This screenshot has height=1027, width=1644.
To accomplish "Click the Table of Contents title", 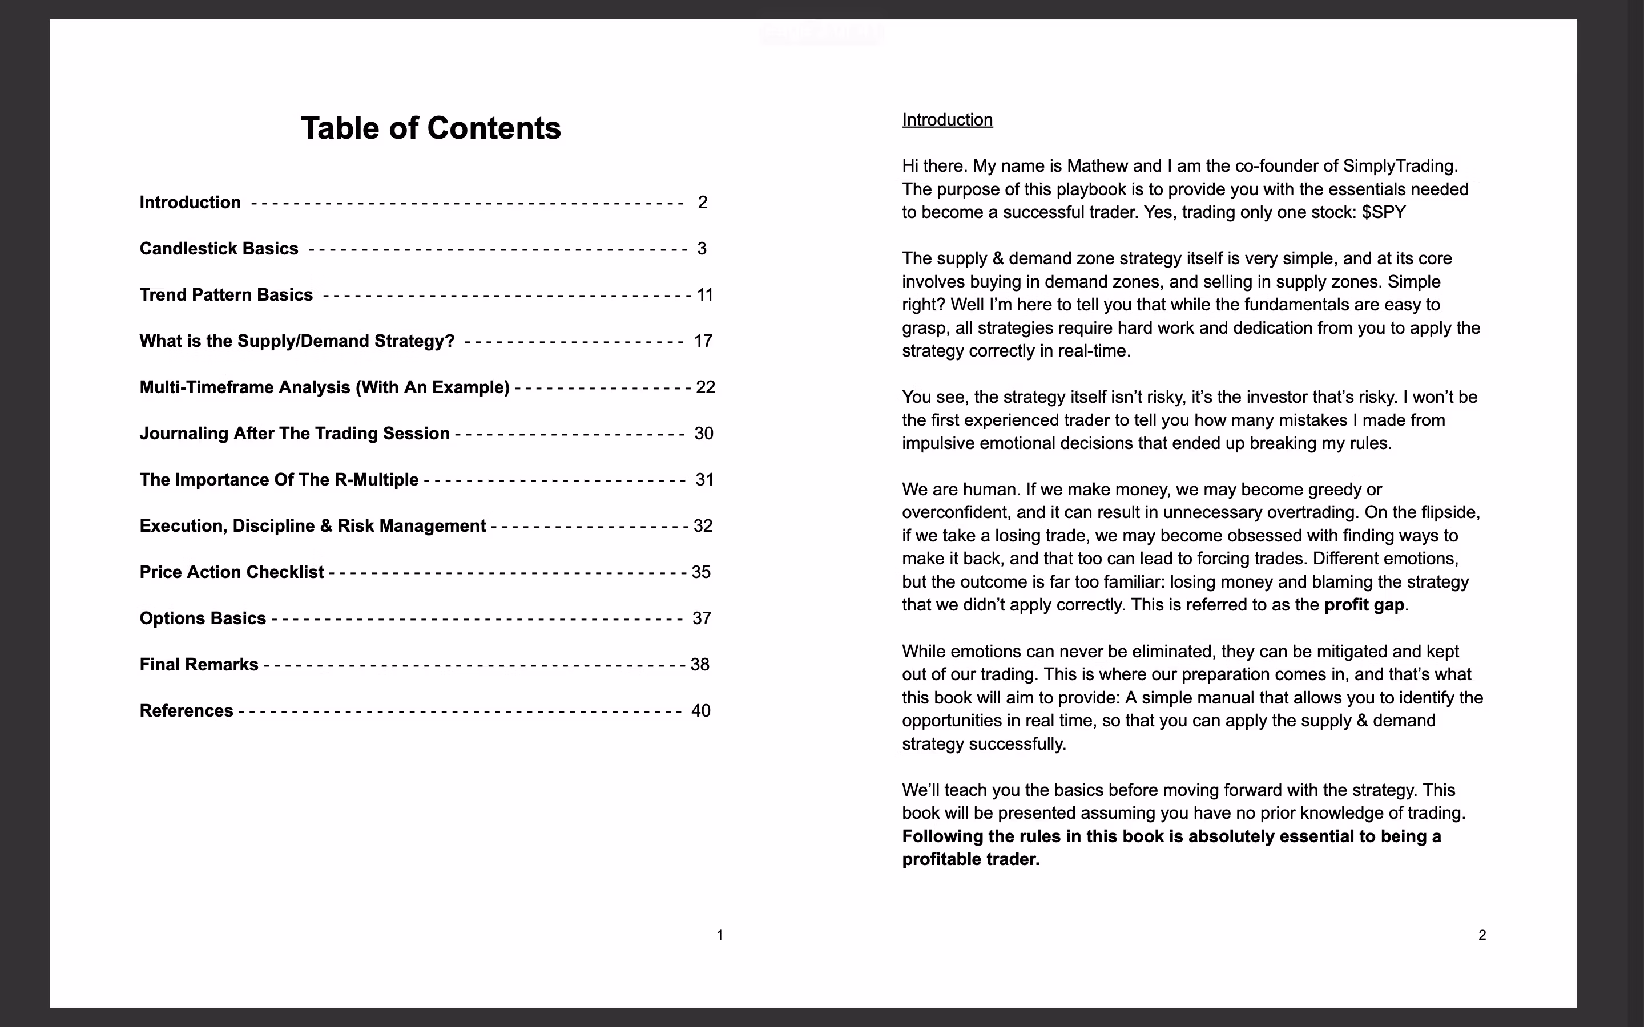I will [431, 128].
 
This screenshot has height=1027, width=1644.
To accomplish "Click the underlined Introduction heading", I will [947, 120].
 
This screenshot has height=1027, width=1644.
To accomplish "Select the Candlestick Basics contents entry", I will [219, 249].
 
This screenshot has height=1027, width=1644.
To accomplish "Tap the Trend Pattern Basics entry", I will [226, 295].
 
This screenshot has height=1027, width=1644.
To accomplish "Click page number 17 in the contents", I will [703, 341].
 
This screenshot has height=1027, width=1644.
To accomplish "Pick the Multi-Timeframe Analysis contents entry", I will [324, 387].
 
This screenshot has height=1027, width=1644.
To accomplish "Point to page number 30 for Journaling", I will [704, 434].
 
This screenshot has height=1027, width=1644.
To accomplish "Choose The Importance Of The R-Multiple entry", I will [279, 479].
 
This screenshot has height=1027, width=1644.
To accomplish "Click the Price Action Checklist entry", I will [232, 572].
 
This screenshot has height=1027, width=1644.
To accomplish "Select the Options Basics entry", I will [203, 618].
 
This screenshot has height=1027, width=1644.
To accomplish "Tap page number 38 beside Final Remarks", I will [700, 664].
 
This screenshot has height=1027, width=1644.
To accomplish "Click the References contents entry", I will [186, 710].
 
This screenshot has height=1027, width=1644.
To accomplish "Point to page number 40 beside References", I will [700, 710].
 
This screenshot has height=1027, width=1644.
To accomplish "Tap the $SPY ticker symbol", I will [1383, 212].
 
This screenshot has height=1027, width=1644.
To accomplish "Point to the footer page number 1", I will [720, 935].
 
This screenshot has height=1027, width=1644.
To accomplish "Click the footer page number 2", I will [1482, 935].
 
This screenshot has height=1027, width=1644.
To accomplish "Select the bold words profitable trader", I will [970, 859].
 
